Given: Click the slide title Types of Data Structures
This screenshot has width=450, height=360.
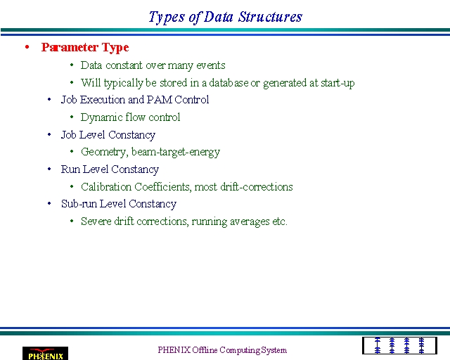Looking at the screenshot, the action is (225, 17).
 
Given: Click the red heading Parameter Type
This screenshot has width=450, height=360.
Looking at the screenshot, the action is (85, 48).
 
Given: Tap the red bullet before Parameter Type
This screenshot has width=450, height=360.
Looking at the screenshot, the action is (27, 47).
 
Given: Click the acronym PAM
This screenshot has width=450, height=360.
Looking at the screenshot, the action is (160, 100).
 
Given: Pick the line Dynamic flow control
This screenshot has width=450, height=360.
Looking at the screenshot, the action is (130, 117).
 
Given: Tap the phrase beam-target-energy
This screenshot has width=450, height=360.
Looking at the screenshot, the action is (176, 152).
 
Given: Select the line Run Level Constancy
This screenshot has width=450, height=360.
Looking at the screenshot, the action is (110, 169).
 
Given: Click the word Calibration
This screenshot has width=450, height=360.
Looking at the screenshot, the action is (106, 187).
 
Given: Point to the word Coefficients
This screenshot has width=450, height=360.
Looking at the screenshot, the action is (162, 187).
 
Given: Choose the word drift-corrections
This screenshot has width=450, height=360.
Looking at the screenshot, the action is (257, 187).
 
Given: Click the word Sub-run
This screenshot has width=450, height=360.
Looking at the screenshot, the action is (79, 204).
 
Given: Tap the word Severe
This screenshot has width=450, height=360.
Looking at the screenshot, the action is (96, 221).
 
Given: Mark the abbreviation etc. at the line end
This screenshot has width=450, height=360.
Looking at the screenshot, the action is (280, 222).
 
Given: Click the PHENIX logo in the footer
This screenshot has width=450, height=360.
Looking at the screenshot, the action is (45, 354).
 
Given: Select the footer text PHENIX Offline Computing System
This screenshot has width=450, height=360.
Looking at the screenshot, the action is (222, 350).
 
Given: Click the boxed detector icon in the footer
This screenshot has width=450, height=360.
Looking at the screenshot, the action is (399, 346).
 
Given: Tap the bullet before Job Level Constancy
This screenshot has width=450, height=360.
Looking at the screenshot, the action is (49, 134).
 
